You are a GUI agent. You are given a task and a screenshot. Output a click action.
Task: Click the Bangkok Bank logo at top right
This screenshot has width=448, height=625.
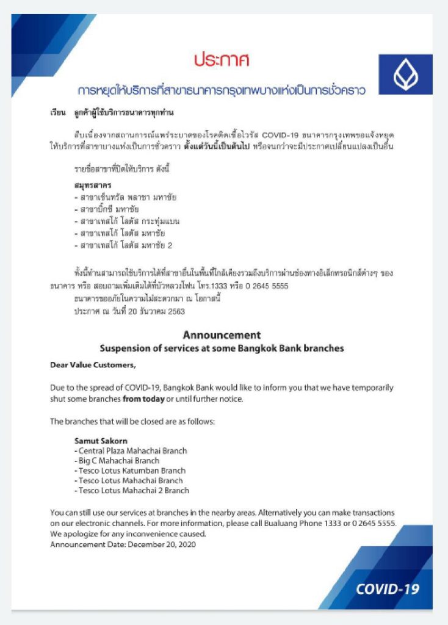point(405,74)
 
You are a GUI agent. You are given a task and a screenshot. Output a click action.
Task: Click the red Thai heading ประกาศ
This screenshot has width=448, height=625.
point(222,60)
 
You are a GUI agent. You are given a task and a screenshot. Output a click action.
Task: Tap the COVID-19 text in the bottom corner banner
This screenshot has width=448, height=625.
point(388,589)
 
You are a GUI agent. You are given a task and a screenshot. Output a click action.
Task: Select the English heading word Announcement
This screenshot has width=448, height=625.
point(222,335)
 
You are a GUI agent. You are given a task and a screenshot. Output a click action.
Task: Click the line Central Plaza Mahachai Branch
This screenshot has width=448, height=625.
point(131,451)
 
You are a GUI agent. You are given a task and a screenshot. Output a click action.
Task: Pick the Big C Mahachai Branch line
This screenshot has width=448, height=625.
point(117,461)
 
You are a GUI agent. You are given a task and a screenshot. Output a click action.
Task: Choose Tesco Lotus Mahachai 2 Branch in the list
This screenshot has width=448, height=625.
point(132,490)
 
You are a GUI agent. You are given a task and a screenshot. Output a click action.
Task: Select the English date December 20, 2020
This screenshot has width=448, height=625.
point(164,544)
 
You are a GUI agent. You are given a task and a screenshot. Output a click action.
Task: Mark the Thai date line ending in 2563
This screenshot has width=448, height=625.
point(129,311)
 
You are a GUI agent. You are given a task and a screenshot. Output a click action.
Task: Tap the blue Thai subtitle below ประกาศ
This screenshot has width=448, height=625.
point(222,91)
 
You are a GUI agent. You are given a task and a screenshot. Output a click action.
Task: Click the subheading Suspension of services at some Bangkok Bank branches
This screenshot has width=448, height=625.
point(222,349)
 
